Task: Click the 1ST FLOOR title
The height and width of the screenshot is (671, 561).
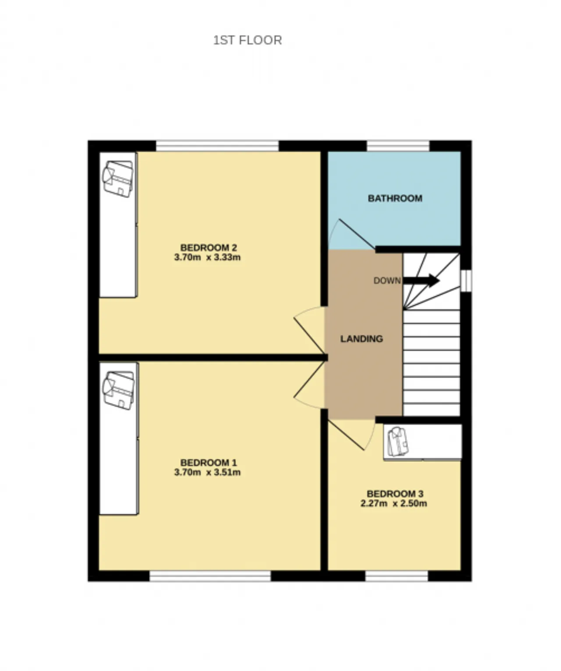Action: [x=248, y=40]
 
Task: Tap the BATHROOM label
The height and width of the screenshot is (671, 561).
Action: [x=395, y=198]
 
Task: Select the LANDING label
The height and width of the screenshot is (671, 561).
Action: [x=362, y=339]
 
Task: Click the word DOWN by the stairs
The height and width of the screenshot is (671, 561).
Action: [x=387, y=280]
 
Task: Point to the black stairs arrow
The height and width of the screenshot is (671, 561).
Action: [x=421, y=280]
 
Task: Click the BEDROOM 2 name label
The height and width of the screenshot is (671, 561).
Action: [x=208, y=248]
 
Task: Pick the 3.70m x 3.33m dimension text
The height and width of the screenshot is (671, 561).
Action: [x=207, y=258]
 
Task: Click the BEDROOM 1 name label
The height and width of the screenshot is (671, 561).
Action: [x=208, y=463]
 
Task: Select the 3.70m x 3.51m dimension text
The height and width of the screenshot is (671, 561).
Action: [x=207, y=472]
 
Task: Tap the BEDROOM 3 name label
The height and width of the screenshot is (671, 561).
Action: [x=395, y=494]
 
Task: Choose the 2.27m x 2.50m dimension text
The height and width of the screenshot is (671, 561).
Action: [x=394, y=503]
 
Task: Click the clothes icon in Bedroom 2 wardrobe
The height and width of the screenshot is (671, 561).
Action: [x=117, y=179]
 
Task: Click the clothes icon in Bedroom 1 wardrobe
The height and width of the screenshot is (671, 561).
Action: [x=118, y=390]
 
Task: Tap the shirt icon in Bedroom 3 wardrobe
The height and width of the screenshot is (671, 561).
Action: [x=398, y=441]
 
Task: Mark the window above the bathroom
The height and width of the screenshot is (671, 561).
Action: [x=398, y=146]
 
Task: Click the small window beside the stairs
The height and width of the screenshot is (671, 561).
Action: [x=466, y=280]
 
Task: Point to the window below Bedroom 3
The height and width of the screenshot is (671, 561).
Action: [x=396, y=576]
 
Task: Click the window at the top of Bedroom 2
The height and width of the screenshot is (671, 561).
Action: [x=217, y=146]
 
